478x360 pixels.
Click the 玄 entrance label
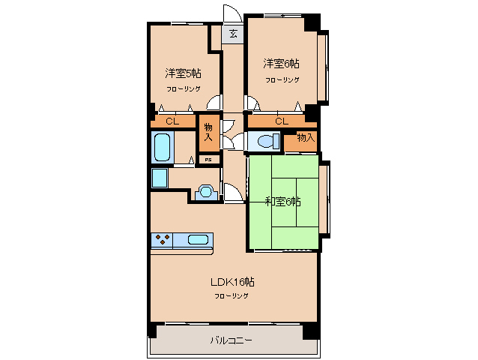click(233, 34)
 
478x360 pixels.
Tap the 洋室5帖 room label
click(183, 73)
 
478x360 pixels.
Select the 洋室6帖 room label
click(281, 64)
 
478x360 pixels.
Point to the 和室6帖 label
click(283, 202)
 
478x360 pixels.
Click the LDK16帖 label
click(232, 282)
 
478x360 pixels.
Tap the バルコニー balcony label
click(231, 340)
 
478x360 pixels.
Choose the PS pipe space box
click(208, 160)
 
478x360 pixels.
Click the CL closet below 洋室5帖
click(172, 121)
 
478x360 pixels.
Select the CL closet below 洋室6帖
click(282, 121)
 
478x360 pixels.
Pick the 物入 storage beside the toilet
click(301, 142)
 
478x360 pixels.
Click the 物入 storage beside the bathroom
click(209, 133)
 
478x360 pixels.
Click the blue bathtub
click(162, 147)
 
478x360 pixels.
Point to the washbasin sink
click(206, 193)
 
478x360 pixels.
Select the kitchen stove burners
click(162, 240)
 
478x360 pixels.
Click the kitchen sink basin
click(198, 240)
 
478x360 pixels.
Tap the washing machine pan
click(160, 178)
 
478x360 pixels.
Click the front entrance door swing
click(232, 13)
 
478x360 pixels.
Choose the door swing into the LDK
click(233, 192)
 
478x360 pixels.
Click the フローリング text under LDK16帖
click(232, 296)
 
